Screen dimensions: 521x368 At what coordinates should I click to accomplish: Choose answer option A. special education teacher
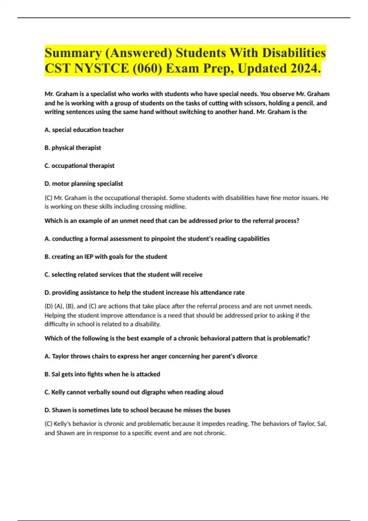84,130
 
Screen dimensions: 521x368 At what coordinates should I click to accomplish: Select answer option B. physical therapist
73,148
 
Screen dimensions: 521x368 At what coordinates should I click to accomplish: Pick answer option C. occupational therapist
79,166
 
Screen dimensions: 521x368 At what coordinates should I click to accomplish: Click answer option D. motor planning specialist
84,184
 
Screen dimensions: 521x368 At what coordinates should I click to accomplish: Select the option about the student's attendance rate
144,292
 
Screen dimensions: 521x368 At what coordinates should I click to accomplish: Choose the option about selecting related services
123,275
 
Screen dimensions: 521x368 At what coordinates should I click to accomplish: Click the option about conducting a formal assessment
157,239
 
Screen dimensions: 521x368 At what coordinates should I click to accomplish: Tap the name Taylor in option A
60,356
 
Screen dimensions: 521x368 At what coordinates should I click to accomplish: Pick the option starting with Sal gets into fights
102,374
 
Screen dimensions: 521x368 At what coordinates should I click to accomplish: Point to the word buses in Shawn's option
222,410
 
